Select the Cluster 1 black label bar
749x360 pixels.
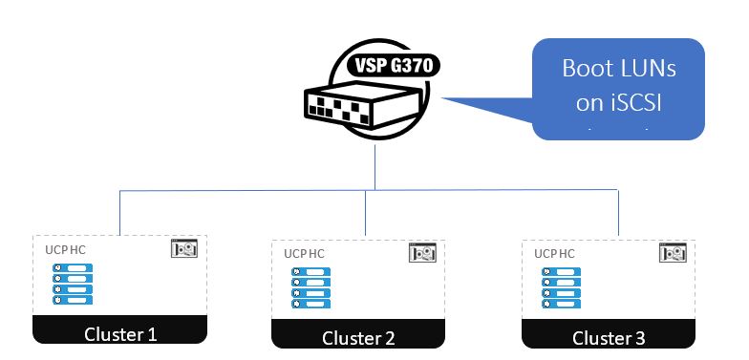120,333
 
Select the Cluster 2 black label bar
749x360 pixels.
357,337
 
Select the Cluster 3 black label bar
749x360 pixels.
609,337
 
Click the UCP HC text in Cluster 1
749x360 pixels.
66,249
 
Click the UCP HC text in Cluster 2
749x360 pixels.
304,254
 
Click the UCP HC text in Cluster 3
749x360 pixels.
554,254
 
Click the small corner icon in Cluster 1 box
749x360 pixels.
183,249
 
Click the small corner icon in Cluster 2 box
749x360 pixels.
421,253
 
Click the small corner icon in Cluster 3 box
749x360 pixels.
672,253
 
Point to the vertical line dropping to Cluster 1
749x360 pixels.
120,212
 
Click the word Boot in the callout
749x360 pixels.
585,70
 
